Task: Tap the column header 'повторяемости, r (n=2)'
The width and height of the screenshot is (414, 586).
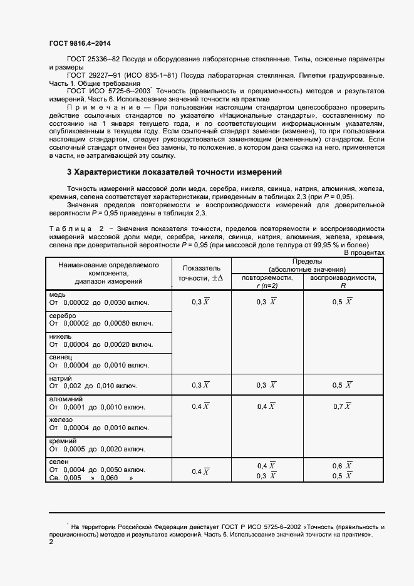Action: tap(266, 281)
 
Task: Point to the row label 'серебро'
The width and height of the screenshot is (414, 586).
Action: tap(63, 316)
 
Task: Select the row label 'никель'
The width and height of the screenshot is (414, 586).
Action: tap(61, 336)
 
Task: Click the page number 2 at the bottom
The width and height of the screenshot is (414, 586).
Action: tap(51, 543)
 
